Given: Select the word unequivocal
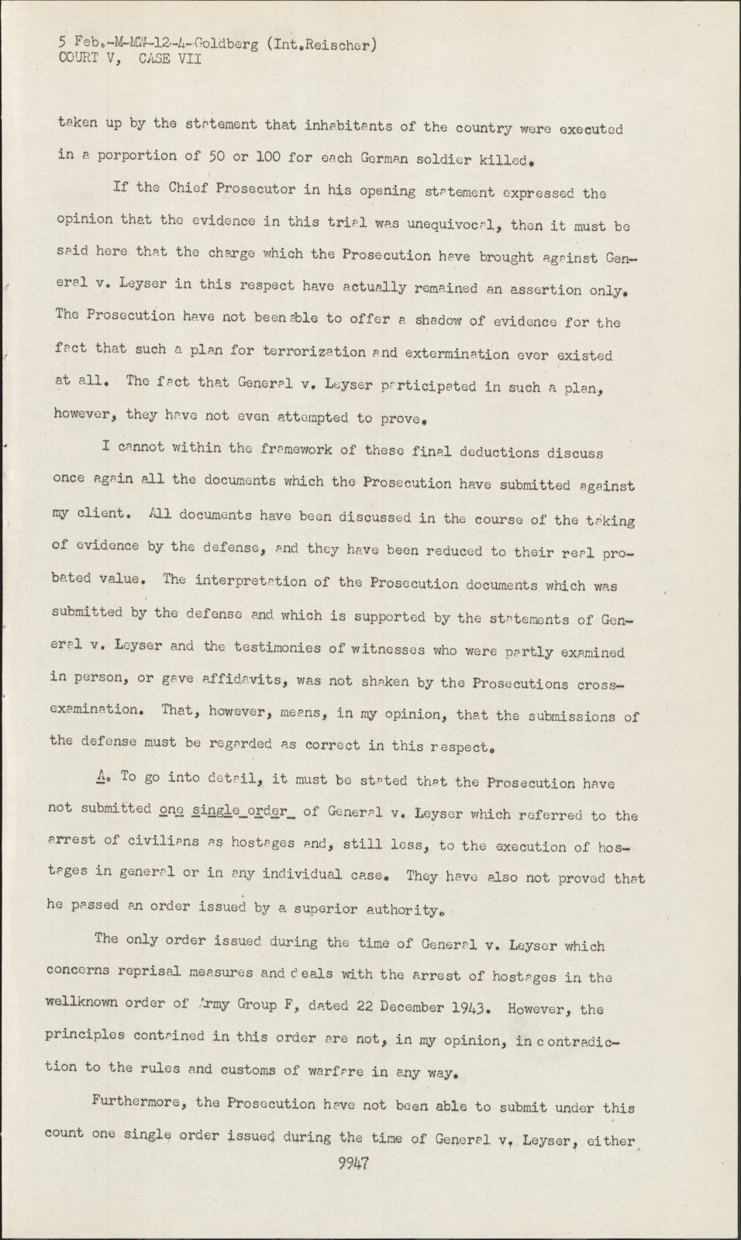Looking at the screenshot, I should coord(452,224).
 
